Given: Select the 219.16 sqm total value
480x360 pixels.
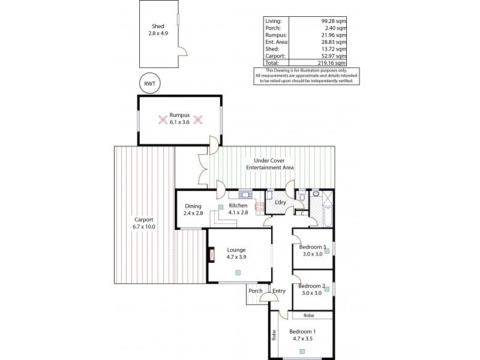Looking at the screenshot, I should pyautogui.click(x=331, y=62).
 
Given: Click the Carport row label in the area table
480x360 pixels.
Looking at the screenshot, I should pyautogui.click(x=275, y=55).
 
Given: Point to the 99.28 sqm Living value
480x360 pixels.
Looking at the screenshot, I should pyautogui.click(x=332, y=21).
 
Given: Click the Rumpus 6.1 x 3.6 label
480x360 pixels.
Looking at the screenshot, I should pyautogui.click(x=179, y=118).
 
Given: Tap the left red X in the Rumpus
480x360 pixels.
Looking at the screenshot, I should pyautogui.click(x=162, y=119).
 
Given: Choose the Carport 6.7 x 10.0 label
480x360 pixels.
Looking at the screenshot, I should pyautogui.click(x=144, y=223).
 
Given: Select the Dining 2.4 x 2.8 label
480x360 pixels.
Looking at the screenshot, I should pyautogui.click(x=193, y=209).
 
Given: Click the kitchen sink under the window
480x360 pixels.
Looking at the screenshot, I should pyautogui.click(x=247, y=194).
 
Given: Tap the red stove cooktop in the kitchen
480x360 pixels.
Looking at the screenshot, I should pyautogui.click(x=260, y=207).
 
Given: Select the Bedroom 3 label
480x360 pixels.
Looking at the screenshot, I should pyautogui.click(x=311, y=247).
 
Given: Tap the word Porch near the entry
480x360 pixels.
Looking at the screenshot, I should pyautogui.click(x=256, y=292).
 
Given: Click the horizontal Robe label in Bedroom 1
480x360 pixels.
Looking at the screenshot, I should pyautogui.click(x=308, y=316).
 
